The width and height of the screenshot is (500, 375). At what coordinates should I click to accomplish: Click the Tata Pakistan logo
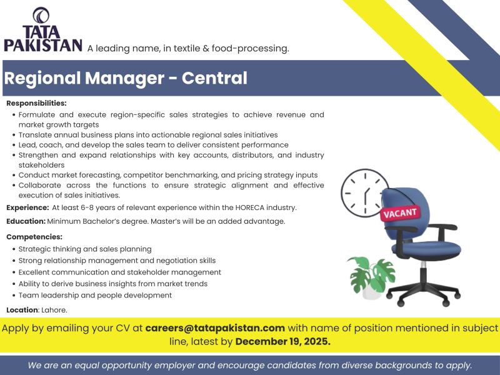(42, 29)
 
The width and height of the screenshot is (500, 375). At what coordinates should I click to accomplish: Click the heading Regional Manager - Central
(126, 78)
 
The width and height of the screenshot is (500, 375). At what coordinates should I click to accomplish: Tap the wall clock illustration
(365, 192)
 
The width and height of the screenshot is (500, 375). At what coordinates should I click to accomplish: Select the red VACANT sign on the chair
(401, 213)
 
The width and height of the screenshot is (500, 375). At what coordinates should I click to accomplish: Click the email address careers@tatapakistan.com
(215, 328)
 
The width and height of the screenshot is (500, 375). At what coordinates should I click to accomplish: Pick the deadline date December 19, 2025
(283, 342)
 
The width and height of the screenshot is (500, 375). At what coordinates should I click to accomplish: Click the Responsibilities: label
(36, 103)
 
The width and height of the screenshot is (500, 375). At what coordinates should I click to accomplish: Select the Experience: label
(27, 207)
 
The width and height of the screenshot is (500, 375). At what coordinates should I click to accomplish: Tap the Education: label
(26, 221)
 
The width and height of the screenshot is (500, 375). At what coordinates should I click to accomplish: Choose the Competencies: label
(34, 237)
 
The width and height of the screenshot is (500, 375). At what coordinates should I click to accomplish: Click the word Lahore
(54, 310)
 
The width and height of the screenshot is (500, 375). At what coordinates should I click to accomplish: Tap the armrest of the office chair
(444, 226)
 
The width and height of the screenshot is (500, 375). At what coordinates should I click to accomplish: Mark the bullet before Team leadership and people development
(14, 296)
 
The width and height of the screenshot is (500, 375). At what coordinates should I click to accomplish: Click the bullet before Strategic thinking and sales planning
(14, 249)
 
